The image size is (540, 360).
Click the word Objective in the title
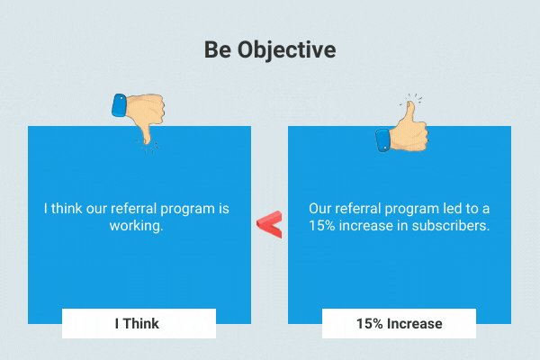point(286,50)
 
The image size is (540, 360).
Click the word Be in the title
point(218,49)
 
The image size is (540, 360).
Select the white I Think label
point(139,323)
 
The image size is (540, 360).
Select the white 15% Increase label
point(399,323)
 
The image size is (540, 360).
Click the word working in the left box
point(136,226)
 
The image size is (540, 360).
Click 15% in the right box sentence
point(321,226)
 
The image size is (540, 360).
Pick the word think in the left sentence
point(67,209)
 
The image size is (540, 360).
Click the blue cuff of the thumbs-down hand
point(120,105)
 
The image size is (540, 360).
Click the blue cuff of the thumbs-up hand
point(383,140)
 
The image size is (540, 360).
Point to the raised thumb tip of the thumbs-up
point(410,103)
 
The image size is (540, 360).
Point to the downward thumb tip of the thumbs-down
point(147,142)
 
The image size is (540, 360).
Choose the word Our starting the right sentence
point(320,209)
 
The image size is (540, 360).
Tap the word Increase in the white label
point(415,324)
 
